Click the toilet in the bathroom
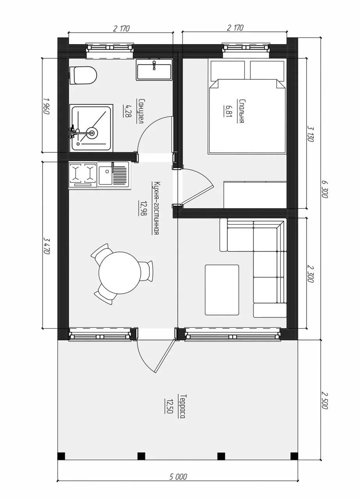(83, 75)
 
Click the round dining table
(120, 273)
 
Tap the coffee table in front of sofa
(222, 290)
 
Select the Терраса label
(182, 407)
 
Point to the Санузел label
(140, 111)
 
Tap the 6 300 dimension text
(325, 189)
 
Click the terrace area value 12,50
(168, 406)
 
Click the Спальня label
(241, 111)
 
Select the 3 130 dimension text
(310, 134)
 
